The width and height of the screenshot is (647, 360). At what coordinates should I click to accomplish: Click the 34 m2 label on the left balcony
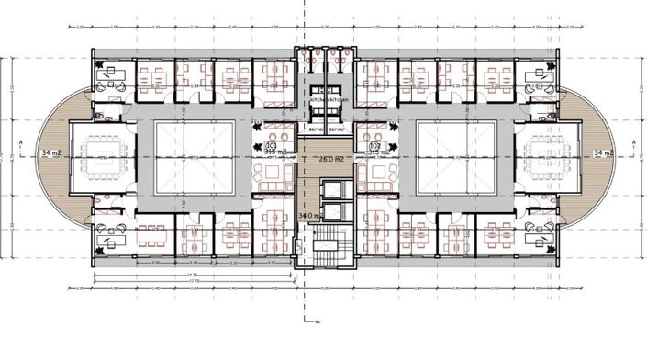coord(40,152)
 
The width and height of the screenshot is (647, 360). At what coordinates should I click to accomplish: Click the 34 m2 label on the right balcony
coord(605,152)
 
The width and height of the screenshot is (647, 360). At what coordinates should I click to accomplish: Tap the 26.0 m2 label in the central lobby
coord(330,158)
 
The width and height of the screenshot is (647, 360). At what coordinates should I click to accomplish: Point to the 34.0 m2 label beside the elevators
coord(310,216)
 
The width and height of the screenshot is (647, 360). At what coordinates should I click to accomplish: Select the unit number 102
coord(374,145)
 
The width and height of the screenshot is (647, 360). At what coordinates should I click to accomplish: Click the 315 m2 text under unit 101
coord(271,152)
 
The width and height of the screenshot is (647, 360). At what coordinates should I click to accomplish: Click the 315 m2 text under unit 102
coord(376,152)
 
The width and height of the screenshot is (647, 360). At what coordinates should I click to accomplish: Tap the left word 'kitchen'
coord(318,97)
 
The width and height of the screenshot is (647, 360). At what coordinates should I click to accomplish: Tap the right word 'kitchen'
coord(337,97)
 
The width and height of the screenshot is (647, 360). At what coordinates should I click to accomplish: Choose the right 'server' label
coord(339,130)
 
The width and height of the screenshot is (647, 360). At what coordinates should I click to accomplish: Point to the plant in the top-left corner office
coord(96,63)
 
